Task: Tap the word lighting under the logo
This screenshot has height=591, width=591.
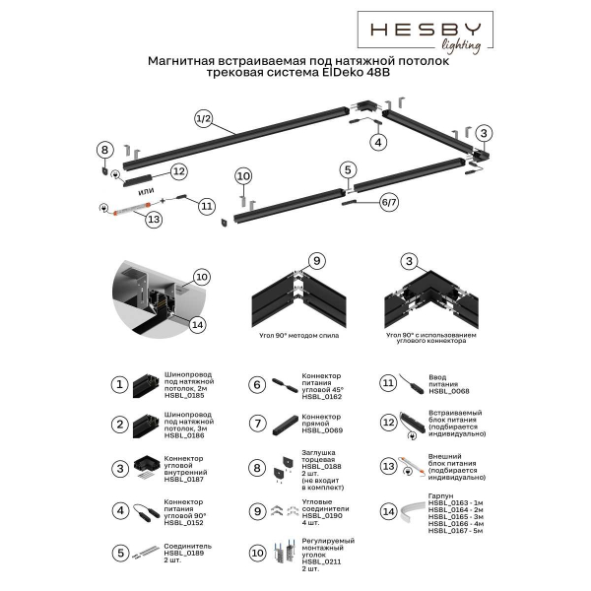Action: pyautogui.click(x=459, y=44)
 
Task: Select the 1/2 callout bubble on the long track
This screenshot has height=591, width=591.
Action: pyautogui.click(x=204, y=119)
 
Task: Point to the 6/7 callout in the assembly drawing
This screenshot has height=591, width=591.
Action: pyautogui.click(x=361, y=200)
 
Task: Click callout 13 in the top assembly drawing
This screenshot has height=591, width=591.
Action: pyautogui.click(x=125, y=221)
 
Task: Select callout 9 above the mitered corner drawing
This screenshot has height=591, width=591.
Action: pyautogui.click(x=316, y=261)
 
